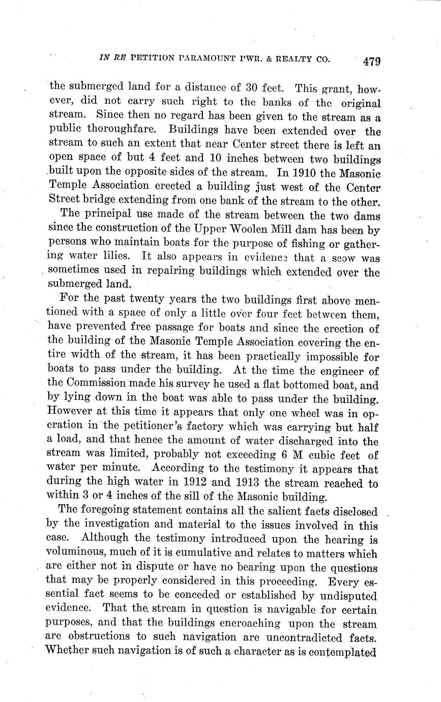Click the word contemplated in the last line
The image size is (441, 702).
(x=335, y=651)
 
